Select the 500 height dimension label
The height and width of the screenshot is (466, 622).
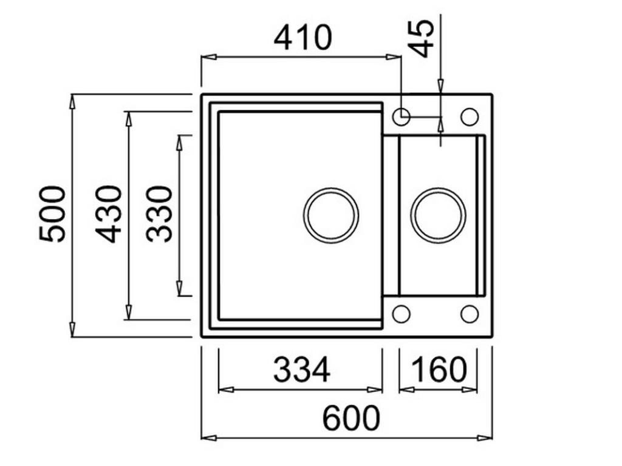[53, 214]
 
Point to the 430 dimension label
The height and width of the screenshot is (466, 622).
[110, 214]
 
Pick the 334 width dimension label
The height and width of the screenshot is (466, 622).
[301, 370]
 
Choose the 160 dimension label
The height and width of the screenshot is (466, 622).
[439, 370]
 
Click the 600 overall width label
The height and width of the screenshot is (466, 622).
[351, 418]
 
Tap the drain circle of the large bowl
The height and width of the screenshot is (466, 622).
[330, 215]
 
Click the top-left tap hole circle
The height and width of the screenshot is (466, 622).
[401, 116]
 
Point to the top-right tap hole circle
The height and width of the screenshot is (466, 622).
[470, 116]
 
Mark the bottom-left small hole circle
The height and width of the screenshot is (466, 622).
[401, 314]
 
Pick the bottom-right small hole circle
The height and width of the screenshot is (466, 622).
[470, 314]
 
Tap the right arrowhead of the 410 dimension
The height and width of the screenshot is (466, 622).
[394, 57]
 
